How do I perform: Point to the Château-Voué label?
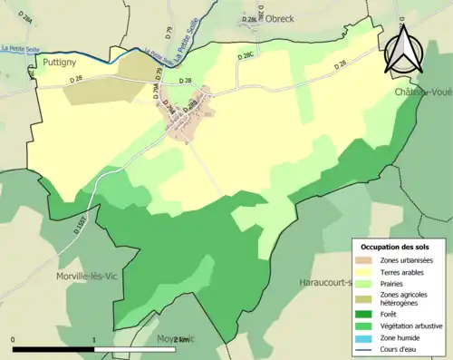(x=423, y=92)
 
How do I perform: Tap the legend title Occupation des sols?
(x=395, y=247)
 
